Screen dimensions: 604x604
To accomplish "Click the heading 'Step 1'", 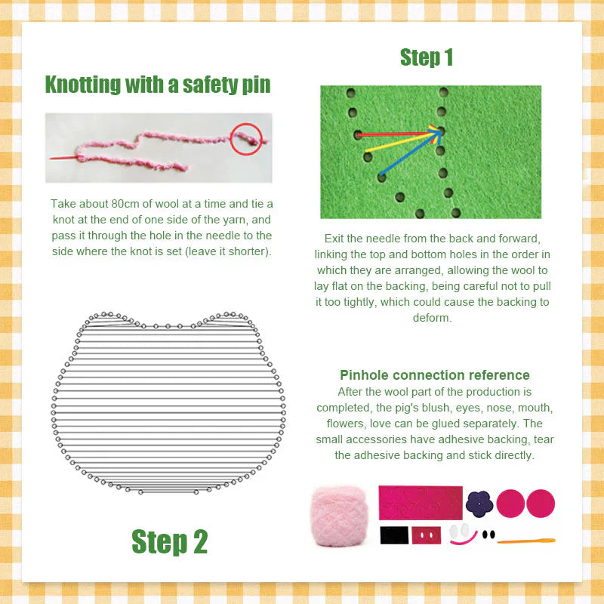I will pos(427,57).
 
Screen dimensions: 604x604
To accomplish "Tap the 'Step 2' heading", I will pos(169,541).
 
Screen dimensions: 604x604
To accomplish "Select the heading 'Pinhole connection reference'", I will pos(434,375).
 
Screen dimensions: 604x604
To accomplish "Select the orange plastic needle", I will pos(526,541).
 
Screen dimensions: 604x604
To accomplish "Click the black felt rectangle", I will pos(393,535).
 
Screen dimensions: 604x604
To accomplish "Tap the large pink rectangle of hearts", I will pos(420,501).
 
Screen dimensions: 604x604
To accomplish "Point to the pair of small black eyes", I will pos(488,534).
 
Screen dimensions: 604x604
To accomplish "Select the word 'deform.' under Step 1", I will pos(433,318).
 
